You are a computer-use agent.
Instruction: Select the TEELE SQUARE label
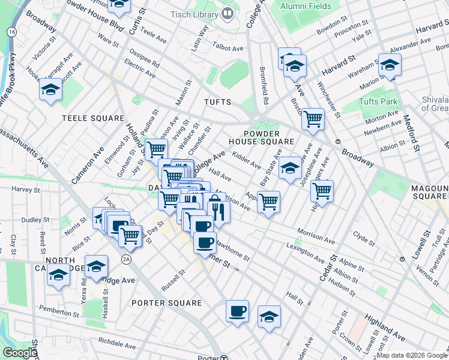click(x=93, y=119)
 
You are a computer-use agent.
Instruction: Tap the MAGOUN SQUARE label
click(x=430, y=193)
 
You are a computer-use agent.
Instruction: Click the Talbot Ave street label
click(x=229, y=47)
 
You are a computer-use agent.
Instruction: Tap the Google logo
click(x=19, y=353)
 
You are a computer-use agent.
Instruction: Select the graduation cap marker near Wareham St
click(x=389, y=65)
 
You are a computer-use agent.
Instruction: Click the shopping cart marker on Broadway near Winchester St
click(x=313, y=119)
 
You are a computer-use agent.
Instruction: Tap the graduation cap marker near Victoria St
click(x=51, y=90)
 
